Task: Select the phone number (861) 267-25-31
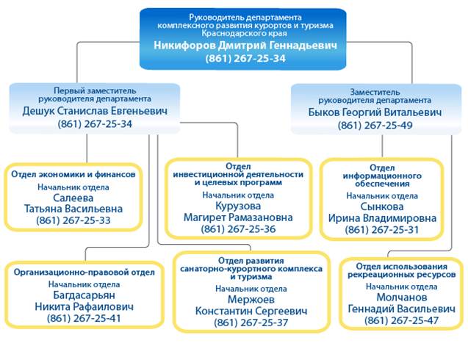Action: [x=381, y=230]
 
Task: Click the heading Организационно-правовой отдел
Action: [x=84, y=272]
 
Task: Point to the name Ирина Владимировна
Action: [x=381, y=218]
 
